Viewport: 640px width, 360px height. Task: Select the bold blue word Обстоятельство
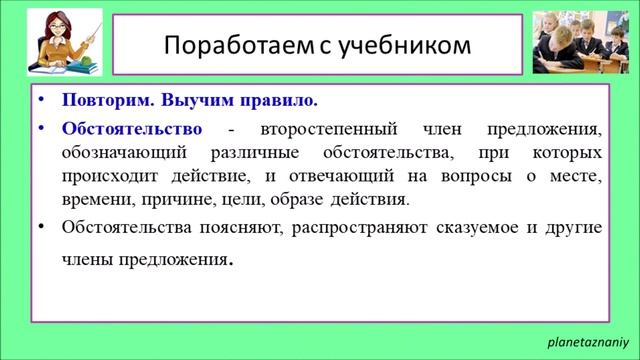point(131,129)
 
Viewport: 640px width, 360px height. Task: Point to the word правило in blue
point(282,102)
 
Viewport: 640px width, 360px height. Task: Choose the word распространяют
point(369,226)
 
